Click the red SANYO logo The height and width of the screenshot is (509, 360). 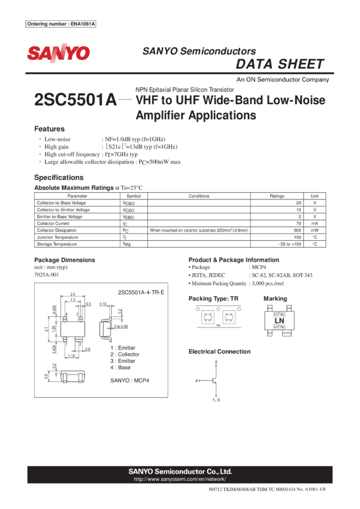[58, 53]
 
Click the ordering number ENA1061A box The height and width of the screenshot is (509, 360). [62, 24]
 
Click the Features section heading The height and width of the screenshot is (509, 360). [49, 129]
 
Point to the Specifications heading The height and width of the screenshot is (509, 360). [59, 177]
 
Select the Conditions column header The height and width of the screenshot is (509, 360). [199, 195]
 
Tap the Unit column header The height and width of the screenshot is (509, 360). [315, 195]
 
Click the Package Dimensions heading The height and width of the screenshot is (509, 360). [64, 260]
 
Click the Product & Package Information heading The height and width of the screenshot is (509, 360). [233, 260]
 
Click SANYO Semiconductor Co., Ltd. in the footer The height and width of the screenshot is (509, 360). [180, 471]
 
